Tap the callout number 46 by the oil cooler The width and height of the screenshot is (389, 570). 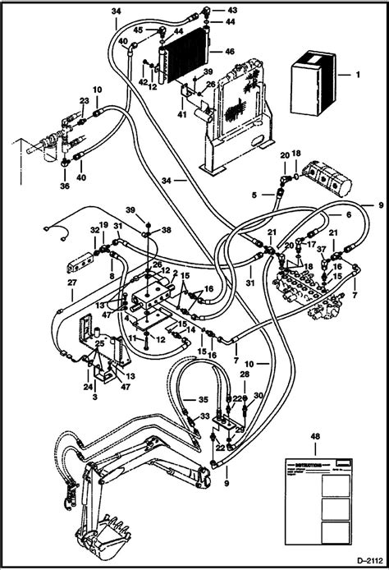229,51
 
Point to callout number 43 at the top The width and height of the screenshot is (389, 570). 210,10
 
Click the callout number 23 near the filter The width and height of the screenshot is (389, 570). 84,101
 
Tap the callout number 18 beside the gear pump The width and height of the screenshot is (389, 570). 296,154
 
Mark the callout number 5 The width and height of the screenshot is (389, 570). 254,195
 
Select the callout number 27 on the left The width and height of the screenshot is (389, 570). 71,283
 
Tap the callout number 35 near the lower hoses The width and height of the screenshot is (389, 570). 188,401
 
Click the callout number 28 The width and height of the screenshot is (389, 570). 245,375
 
